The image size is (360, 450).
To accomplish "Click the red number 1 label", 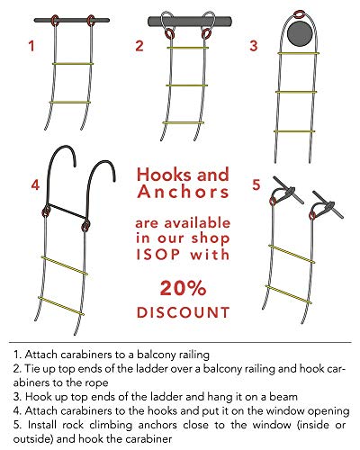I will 33,46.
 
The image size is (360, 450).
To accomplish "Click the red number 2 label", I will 139,46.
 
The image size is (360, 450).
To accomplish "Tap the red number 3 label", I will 254,46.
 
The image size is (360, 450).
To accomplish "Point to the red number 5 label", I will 256,185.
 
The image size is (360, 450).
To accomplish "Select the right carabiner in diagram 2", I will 208,34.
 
